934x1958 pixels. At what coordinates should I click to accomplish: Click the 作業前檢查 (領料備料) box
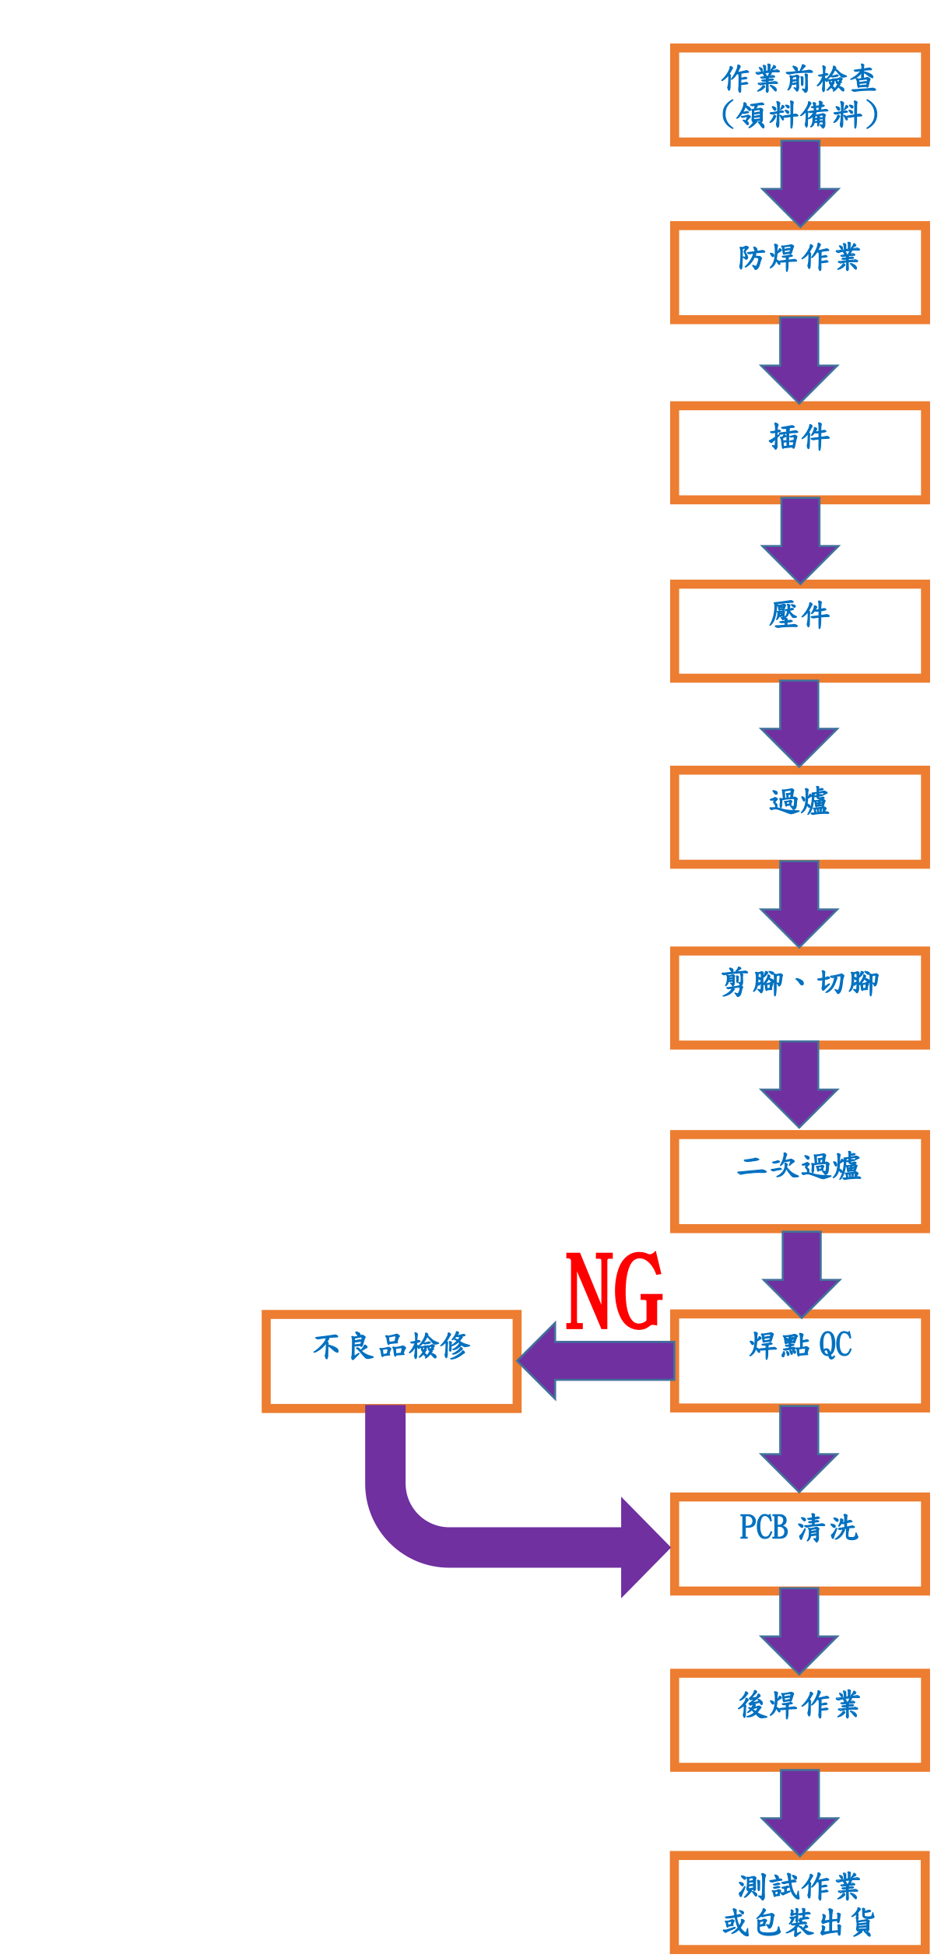coord(800,96)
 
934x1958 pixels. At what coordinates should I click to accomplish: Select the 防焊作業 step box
coord(800,273)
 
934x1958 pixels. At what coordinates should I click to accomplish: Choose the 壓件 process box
coord(800,631)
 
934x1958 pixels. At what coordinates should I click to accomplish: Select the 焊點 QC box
coord(800,1361)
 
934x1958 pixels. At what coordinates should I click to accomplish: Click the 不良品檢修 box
coord(392,1361)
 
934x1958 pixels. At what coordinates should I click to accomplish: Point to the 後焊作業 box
coord(800,1721)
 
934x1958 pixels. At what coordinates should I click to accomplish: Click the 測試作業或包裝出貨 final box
coord(800,1904)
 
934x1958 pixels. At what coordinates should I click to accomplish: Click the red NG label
coord(614,1290)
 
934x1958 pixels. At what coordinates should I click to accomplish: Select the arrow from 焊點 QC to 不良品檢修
coord(595,1361)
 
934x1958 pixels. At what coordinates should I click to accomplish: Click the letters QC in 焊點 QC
coord(836,1345)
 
